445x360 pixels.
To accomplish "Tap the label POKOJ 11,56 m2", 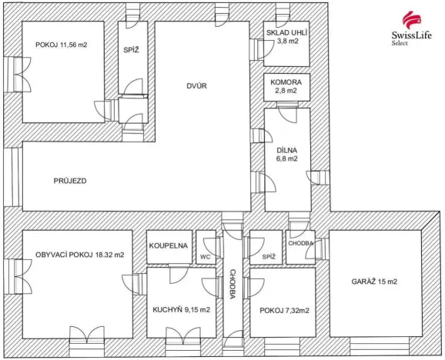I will point(62,45).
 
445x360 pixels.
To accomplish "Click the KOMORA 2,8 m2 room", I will point(287,85).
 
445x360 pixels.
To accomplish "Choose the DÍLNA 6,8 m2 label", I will point(286,154).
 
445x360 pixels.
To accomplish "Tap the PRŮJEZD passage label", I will point(70,182).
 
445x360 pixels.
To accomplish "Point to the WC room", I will point(205,256).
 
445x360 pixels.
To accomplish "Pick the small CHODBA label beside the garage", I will point(301,244).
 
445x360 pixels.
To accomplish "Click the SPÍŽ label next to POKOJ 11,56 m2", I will point(131,50).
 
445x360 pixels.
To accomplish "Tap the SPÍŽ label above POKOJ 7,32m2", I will point(268,256).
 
